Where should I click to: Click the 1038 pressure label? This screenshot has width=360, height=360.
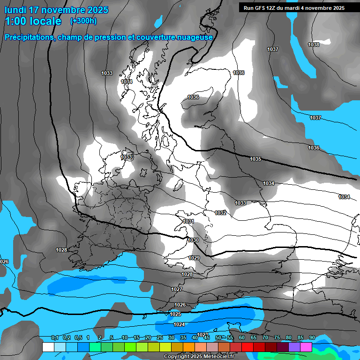click(x=314, y=45)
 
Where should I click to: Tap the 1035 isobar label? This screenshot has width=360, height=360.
click(x=255, y=159)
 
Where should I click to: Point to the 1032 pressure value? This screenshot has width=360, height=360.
click(x=221, y=213)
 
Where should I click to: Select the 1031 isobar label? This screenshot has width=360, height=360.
click(x=189, y=221)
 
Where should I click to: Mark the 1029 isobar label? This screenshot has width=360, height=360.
click(x=194, y=258)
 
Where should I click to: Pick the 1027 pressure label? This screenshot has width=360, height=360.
click(x=177, y=290)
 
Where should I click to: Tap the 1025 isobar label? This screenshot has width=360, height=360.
click(x=175, y=314)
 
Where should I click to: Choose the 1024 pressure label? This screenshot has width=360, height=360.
click(x=179, y=324)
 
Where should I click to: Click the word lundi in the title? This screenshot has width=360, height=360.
click(x=15, y=10)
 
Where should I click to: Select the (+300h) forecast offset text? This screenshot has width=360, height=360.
click(x=83, y=21)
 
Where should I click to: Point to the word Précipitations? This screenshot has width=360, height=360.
click(x=28, y=37)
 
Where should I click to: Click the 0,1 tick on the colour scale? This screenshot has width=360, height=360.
click(x=55, y=338)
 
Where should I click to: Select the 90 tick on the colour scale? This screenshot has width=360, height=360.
click(x=312, y=338)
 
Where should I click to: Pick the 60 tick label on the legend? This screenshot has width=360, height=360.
click(x=242, y=338)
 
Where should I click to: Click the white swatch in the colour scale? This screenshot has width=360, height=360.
click(x=48, y=347)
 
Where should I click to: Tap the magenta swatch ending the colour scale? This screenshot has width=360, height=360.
click(x=306, y=347)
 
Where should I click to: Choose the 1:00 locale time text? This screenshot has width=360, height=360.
click(x=32, y=21)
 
